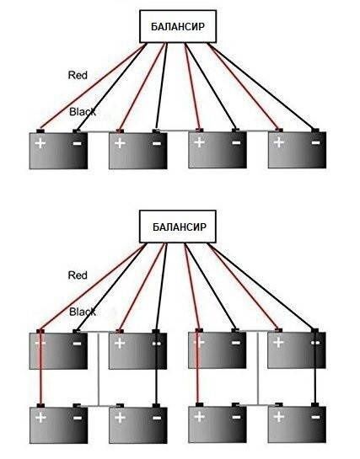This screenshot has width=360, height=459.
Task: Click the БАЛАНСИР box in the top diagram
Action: (178, 26)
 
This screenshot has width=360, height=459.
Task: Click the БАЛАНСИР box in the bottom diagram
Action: (178, 227)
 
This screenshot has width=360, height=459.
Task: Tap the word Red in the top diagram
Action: (78, 75)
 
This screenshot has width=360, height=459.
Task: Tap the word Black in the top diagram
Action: (83, 111)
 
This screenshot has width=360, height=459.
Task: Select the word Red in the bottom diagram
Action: (78, 275)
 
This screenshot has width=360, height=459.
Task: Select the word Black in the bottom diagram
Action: (83, 312)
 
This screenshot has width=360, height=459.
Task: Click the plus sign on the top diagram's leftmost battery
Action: (40, 143)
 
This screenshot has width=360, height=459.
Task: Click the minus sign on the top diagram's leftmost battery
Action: (77, 143)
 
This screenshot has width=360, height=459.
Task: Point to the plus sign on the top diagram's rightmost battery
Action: (278, 142)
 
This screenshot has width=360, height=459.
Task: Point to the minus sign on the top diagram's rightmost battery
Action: (316, 142)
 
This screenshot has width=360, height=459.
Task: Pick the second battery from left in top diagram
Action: (138, 151)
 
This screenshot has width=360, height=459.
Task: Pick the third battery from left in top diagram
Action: (218, 150)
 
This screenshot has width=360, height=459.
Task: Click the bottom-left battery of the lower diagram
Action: (58, 425)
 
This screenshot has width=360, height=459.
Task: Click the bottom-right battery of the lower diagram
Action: (297, 424)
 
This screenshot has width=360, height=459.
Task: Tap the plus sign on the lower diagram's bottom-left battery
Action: (40, 418)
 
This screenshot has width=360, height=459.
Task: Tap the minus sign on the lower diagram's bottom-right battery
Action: (316, 417)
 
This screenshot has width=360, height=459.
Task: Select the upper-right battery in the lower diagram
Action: (297, 350)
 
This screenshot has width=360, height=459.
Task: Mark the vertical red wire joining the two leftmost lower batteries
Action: (40, 368)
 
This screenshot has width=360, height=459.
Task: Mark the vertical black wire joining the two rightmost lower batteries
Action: (315, 368)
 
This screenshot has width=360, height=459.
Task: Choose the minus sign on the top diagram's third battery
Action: (236, 142)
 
